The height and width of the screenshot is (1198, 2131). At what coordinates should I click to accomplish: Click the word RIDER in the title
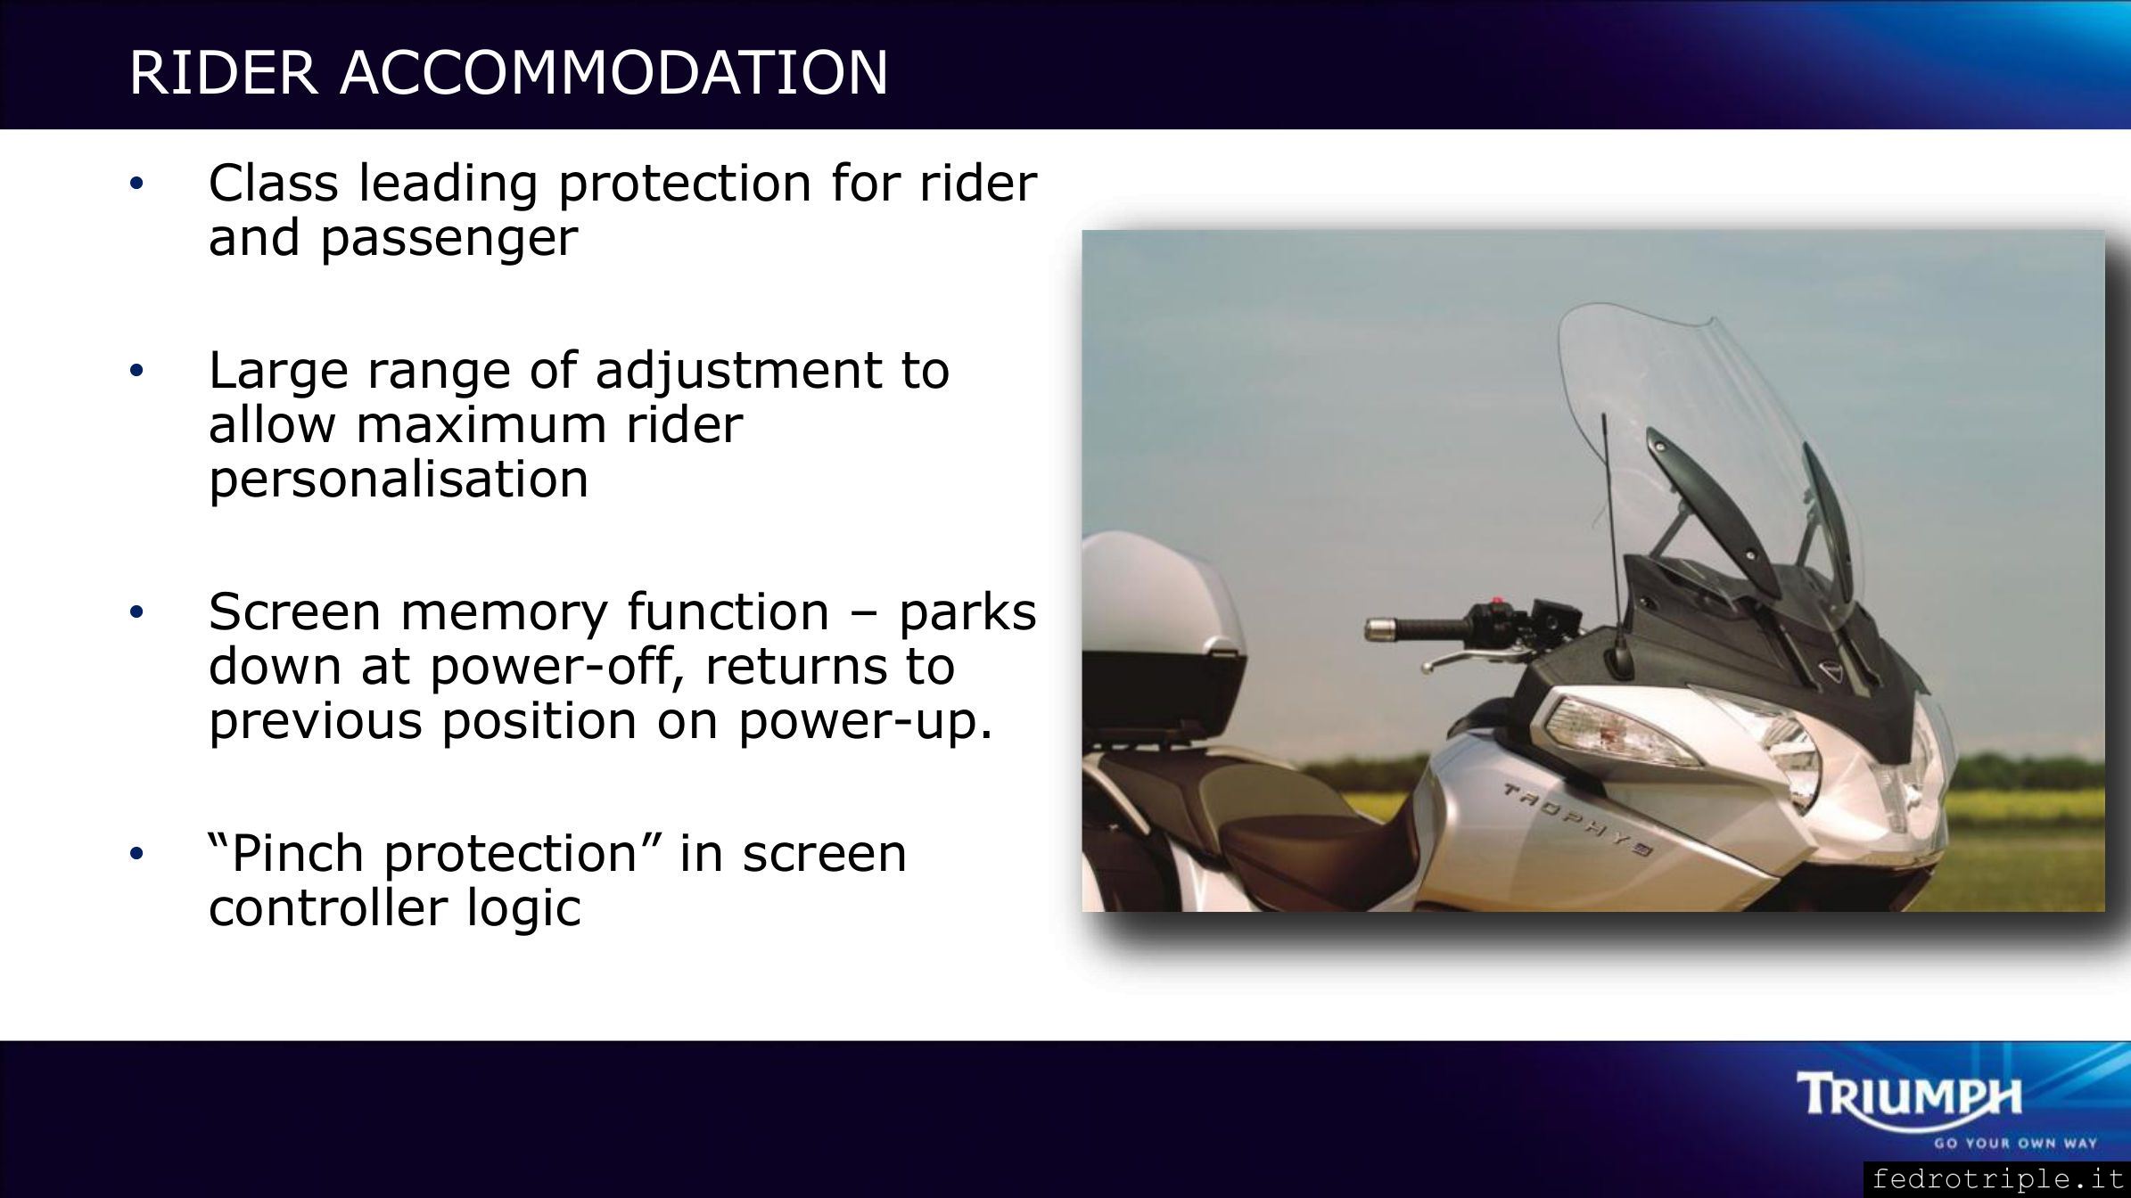coord(224,71)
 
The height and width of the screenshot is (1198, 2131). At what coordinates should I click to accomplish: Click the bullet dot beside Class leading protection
coord(136,184)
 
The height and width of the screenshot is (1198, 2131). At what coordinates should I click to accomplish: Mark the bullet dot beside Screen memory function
coord(136,612)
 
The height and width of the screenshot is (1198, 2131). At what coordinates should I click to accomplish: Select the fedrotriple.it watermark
coord(1997,1179)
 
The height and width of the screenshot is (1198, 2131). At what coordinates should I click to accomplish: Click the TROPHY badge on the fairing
coord(1579,819)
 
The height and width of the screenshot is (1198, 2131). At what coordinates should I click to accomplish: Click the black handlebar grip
coord(1417,630)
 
